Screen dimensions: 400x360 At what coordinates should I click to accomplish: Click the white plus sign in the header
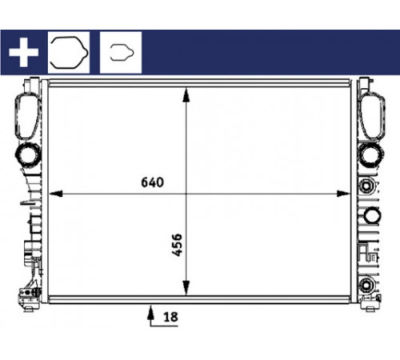pos(23,52)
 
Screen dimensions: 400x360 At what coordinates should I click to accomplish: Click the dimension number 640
pos(152,182)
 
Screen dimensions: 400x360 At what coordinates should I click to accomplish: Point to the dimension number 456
pos(177,245)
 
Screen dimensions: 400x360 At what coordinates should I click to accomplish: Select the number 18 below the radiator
pos(170,317)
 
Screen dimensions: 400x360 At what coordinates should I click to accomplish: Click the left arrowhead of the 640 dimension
pos(56,194)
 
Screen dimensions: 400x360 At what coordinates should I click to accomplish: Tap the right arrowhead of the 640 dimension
pos(343,194)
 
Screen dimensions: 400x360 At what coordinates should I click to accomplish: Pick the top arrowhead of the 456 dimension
pos(186,95)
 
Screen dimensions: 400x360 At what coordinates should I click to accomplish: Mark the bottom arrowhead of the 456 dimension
pos(186,288)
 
